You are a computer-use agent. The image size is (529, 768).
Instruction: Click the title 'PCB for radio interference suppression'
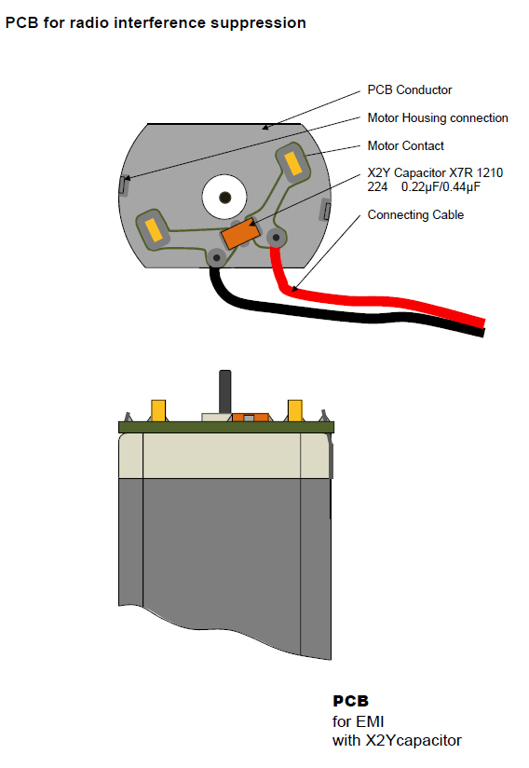(156, 23)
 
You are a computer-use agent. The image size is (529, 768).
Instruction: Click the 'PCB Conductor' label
(410, 90)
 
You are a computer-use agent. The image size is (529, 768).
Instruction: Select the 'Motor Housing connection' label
(438, 118)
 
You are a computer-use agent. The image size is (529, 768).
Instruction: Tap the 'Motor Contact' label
(406, 146)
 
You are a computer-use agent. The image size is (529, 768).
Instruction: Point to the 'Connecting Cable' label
(415, 215)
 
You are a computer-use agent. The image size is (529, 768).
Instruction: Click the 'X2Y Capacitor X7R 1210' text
(435, 173)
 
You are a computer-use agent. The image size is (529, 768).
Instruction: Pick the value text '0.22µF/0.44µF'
(441, 187)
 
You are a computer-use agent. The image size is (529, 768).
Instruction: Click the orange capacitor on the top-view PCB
(240, 233)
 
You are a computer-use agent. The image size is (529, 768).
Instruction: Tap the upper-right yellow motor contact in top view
(293, 163)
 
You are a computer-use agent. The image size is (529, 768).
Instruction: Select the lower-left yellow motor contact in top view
(154, 229)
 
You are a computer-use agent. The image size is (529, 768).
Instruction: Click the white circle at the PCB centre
(224, 197)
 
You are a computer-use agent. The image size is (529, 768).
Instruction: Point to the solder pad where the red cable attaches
(276, 238)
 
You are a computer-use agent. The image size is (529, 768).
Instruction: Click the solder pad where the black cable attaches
(216, 257)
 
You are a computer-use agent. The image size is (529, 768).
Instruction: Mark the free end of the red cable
(483, 323)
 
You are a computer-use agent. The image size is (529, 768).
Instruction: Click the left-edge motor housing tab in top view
(124, 185)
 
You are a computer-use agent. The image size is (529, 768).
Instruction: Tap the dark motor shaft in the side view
(224, 391)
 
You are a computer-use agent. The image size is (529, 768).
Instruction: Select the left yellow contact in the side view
(158, 410)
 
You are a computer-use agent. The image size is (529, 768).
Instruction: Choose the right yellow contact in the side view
(294, 410)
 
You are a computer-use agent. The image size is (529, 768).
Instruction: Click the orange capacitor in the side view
(251, 418)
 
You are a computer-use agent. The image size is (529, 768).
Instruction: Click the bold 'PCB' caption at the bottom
(350, 701)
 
